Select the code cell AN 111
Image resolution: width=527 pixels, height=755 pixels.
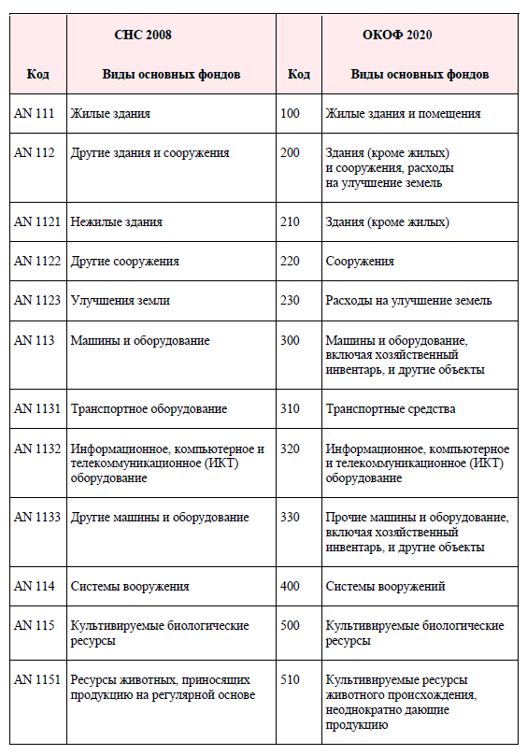[x=35, y=113]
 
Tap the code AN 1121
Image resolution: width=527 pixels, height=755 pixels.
[x=37, y=221]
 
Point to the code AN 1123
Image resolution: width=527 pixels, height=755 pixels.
[x=37, y=300]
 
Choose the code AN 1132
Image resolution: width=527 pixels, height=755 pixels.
[x=37, y=449]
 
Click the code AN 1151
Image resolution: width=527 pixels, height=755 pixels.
[x=37, y=679]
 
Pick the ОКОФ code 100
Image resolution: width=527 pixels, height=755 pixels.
[x=290, y=113]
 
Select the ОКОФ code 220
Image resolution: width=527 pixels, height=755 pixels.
[x=290, y=261]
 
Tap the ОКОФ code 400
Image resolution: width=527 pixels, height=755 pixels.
[x=290, y=586]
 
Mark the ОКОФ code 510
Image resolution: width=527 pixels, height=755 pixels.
[x=290, y=679]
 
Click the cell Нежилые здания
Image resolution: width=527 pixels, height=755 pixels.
[x=117, y=221]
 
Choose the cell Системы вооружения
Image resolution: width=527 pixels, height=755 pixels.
[x=130, y=586]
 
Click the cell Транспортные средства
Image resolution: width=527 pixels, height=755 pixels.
[x=390, y=408]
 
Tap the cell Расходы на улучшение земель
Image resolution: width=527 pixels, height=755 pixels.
[x=408, y=300]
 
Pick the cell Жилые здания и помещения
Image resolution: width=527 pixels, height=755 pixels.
[x=403, y=113]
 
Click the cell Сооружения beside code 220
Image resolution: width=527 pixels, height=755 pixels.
[x=360, y=261]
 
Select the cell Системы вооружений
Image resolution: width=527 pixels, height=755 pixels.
[x=385, y=586]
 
